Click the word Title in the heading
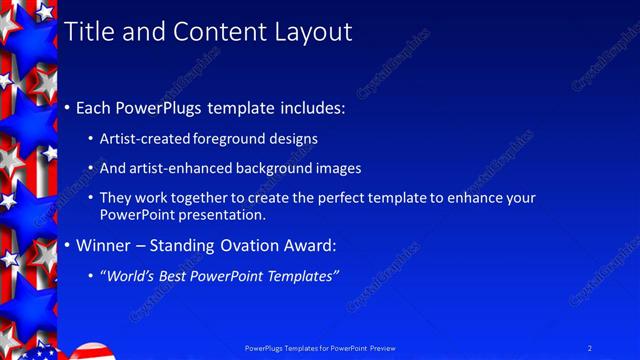click(x=88, y=32)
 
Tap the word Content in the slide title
click(x=217, y=32)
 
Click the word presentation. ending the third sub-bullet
click(x=226, y=215)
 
